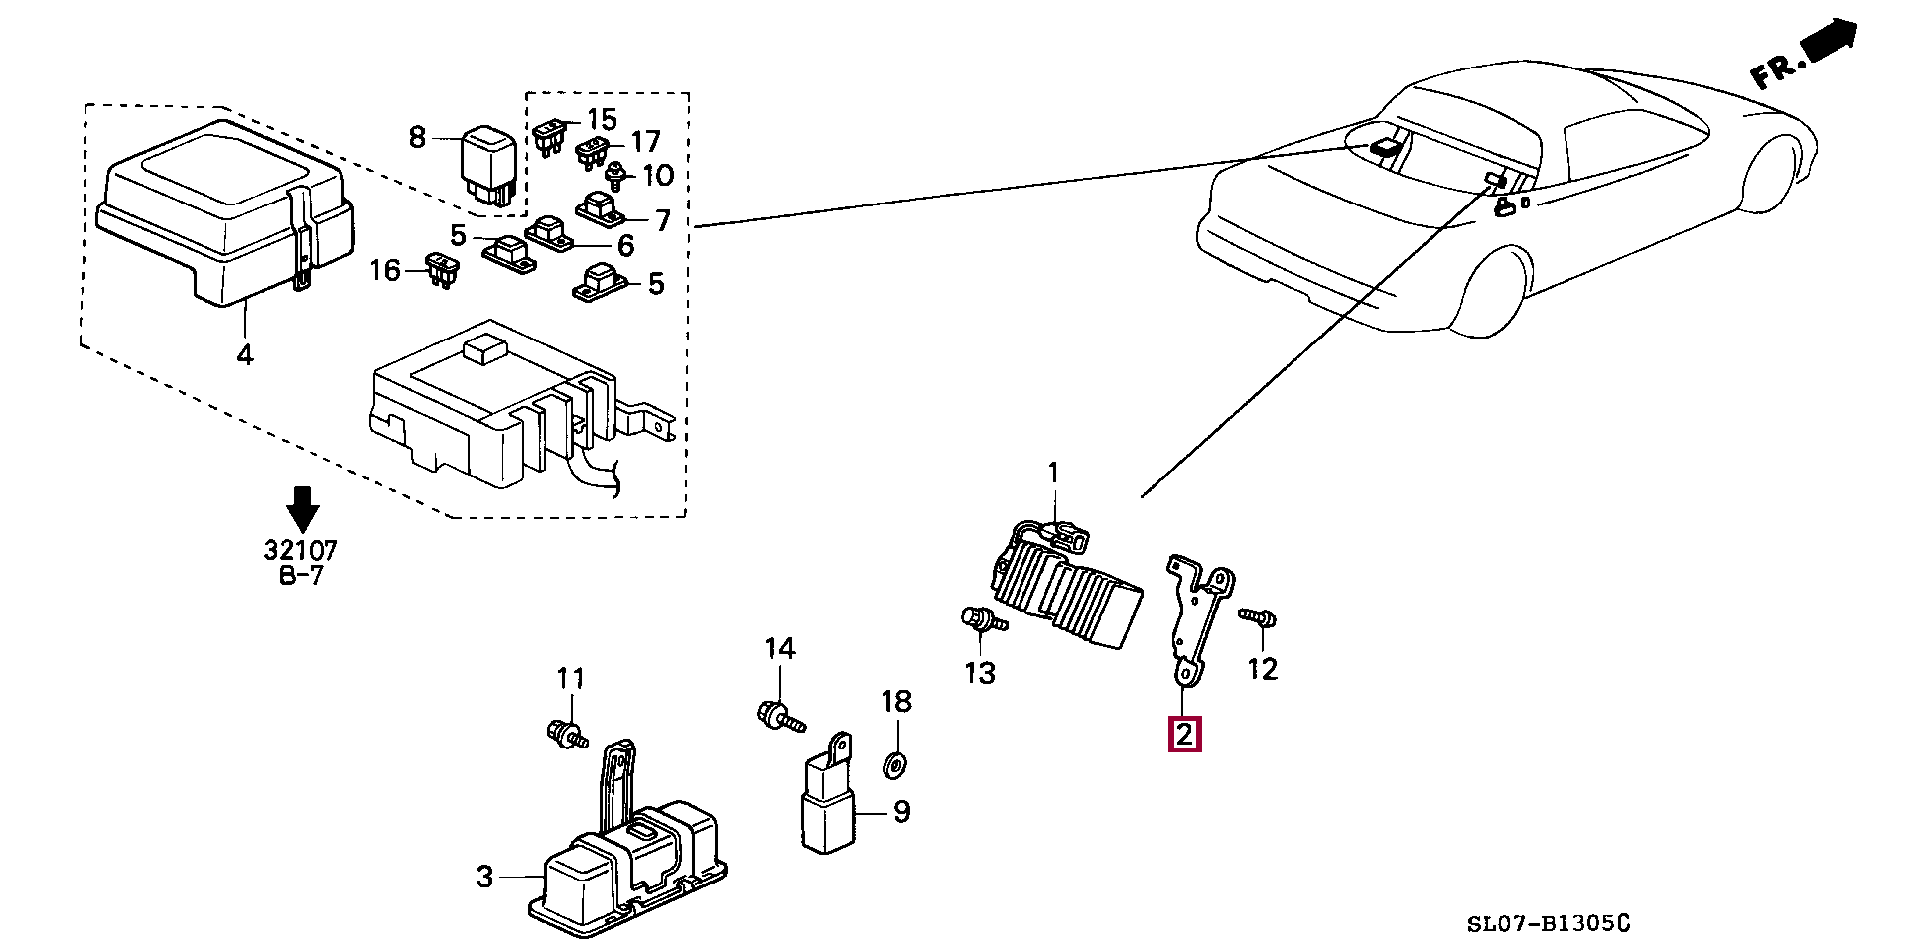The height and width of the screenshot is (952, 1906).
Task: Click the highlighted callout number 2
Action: [1185, 734]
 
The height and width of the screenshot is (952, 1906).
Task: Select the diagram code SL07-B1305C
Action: [1549, 925]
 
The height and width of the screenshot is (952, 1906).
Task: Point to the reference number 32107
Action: [300, 550]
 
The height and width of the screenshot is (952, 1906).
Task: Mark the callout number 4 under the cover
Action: [245, 353]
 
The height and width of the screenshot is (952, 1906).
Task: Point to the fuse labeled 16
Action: [441, 269]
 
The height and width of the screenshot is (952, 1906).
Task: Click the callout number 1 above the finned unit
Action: [1054, 474]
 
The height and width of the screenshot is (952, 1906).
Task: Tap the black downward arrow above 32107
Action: [302, 508]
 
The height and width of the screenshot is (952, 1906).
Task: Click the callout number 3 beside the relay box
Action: [484, 877]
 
